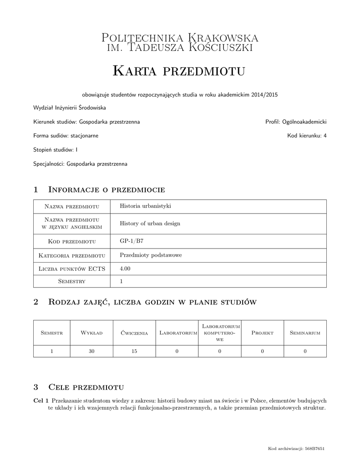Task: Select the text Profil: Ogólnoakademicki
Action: [x=296, y=122]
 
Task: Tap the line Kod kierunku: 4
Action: [x=307, y=136]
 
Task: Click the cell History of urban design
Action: [x=150, y=223]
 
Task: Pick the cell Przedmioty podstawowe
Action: [x=151, y=255]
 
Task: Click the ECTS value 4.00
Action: [x=125, y=269]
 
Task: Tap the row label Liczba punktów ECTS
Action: [x=72, y=269]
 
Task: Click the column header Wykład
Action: [x=91, y=333]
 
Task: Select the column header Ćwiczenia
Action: [x=134, y=333]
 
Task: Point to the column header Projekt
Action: [x=262, y=333]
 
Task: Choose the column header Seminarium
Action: [x=305, y=333]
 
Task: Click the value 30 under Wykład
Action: [x=91, y=351]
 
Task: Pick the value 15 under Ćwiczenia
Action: [x=134, y=351]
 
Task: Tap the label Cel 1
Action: [x=41, y=400]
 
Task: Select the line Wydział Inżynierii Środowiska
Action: [x=70, y=108]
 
